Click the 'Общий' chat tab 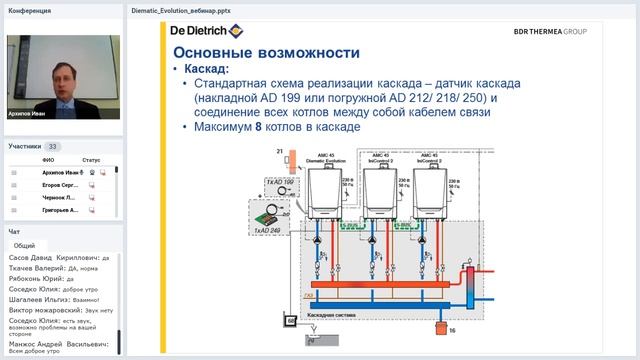[24, 245]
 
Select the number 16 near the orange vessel [451, 329]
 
